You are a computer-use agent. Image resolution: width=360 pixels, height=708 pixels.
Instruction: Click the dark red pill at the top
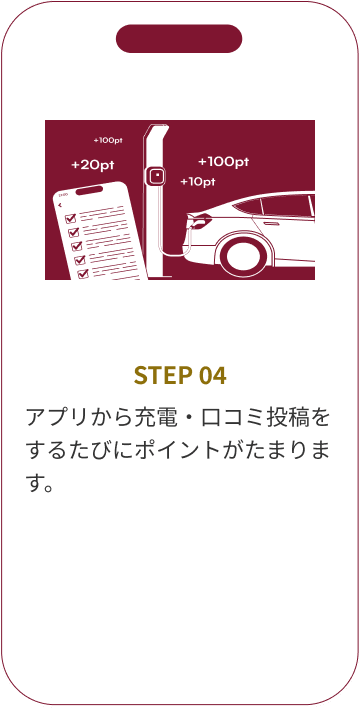[x=179, y=39]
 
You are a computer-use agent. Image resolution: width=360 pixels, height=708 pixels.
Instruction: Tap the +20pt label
[x=91, y=164]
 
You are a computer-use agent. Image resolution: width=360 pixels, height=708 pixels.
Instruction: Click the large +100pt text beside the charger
[x=223, y=161]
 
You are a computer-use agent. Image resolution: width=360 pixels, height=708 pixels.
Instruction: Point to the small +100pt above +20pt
[x=107, y=141]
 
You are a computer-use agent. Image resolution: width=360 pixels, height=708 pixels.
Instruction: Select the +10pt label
[x=198, y=182]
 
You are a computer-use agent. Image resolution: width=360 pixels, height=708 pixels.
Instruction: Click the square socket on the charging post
[x=155, y=177]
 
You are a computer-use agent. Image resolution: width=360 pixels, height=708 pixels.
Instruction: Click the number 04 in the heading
[x=212, y=376]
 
